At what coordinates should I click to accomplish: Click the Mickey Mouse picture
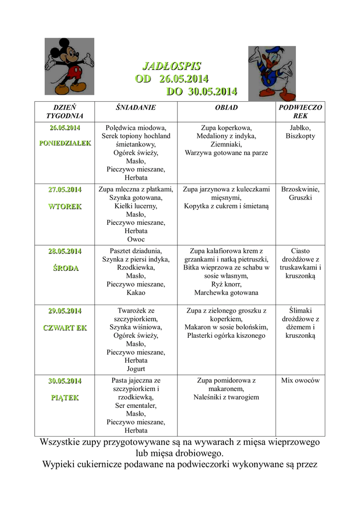70,66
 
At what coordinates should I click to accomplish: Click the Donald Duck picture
272,73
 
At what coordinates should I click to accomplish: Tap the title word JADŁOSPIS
172,66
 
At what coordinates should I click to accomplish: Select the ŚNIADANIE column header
136,108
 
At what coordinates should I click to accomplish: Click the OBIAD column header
226,108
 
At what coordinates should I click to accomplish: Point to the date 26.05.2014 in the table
65,128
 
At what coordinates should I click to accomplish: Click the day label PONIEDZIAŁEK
65,143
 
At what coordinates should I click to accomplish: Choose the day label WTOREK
65,206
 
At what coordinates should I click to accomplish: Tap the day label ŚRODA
65,268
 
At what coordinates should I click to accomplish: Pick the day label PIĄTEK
65,398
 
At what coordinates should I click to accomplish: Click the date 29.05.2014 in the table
65,311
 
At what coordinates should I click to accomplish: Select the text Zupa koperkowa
226,127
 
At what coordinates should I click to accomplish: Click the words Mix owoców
300,381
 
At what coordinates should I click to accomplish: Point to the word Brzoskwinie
300,189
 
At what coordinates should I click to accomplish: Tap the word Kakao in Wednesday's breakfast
136,293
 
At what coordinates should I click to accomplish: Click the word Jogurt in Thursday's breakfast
136,369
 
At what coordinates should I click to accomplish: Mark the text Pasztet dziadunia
136,251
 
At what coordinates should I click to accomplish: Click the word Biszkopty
300,136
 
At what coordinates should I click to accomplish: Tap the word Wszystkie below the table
63,442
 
